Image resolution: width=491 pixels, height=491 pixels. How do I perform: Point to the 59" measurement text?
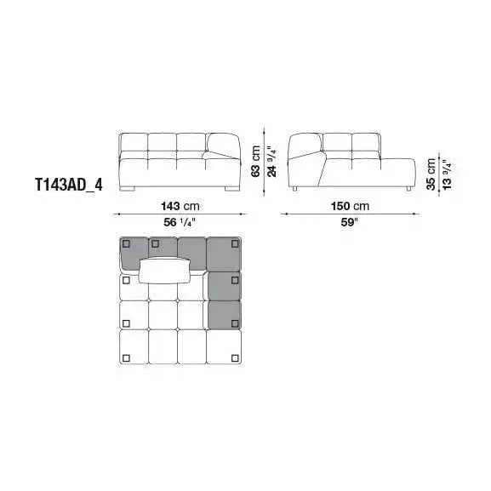pyautogui.click(x=350, y=222)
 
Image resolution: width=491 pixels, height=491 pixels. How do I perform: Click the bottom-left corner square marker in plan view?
pyautogui.click(x=127, y=357)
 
